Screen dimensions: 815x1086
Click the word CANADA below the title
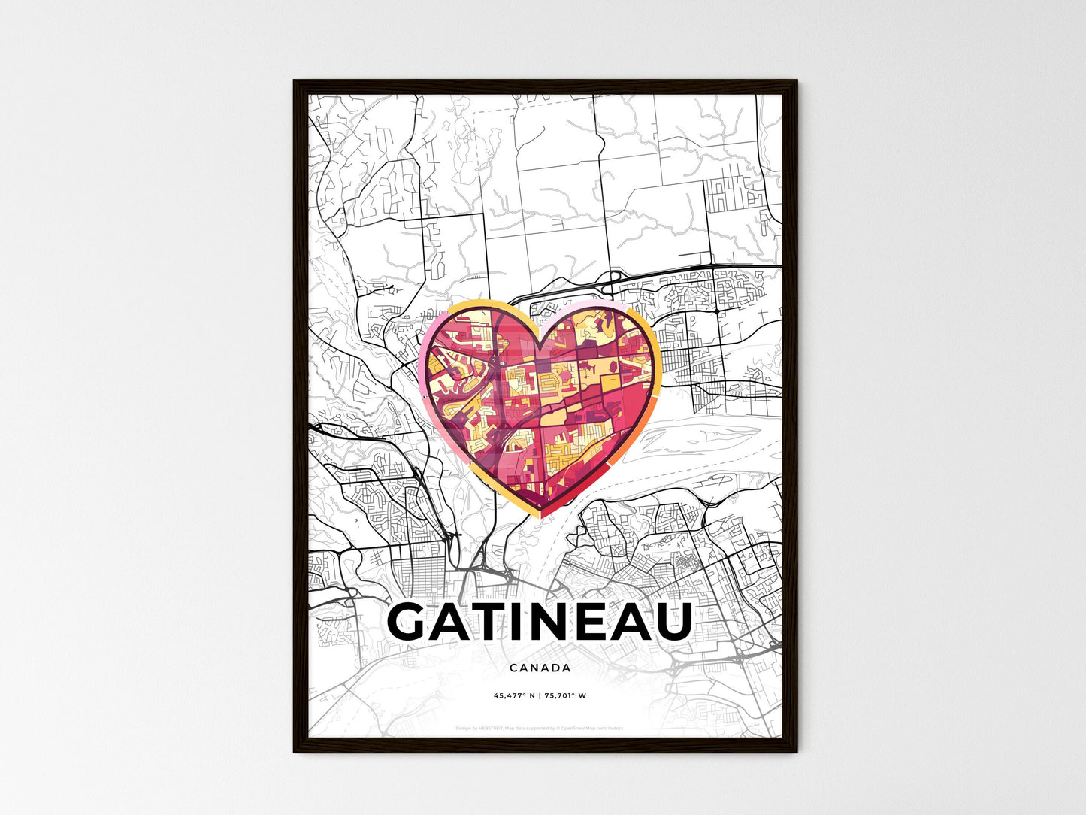point(540,668)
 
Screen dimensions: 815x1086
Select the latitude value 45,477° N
point(514,696)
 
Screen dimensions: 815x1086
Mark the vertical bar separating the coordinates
point(540,696)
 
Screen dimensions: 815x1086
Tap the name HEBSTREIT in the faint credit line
point(491,729)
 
